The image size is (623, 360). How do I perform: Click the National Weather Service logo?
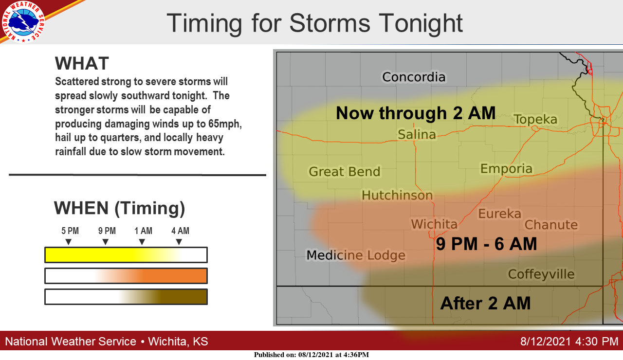pyautogui.click(x=23, y=22)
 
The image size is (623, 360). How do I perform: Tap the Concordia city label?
pyautogui.click(x=414, y=77)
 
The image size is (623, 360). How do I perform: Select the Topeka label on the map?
pyautogui.click(x=535, y=120)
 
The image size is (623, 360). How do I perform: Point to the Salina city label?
pyautogui.click(x=417, y=135)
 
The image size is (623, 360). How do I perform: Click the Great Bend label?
pyautogui.click(x=344, y=171)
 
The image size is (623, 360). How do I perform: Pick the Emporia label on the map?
pyautogui.click(x=506, y=169)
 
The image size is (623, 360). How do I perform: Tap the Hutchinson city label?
pyautogui.click(x=397, y=195)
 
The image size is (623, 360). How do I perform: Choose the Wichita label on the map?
pyautogui.click(x=434, y=224)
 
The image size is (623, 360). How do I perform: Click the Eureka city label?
pyautogui.click(x=499, y=214)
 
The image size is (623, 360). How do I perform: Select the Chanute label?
pyautogui.click(x=551, y=225)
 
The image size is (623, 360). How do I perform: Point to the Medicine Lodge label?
pyautogui.click(x=356, y=255)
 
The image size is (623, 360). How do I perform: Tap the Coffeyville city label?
pyautogui.click(x=541, y=274)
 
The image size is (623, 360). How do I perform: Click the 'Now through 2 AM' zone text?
pyautogui.click(x=416, y=113)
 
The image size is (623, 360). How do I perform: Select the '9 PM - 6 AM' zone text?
pyautogui.click(x=486, y=244)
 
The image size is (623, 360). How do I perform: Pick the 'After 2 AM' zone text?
pyautogui.click(x=485, y=303)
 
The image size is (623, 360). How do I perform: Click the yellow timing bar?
pyautogui.click(x=126, y=255)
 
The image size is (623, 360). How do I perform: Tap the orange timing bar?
pyautogui.click(x=126, y=276)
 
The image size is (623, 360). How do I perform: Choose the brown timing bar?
pyautogui.click(x=126, y=297)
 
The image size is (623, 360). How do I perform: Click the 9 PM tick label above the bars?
pyautogui.click(x=107, y=231)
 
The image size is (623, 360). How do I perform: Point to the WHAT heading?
pyautogui.click(x=82, y=63)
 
